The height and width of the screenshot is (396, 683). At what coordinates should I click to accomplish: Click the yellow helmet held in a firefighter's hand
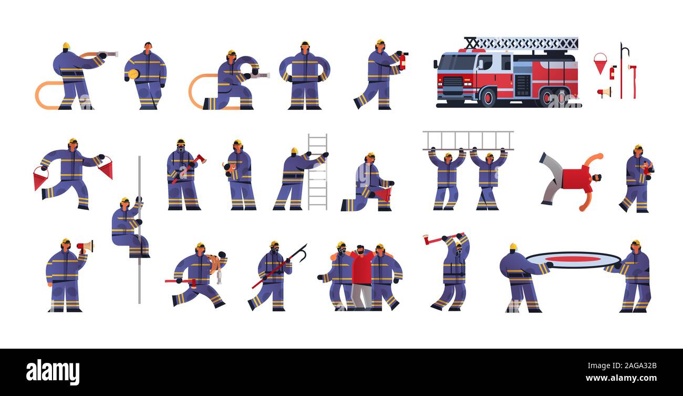(x=133, y=74)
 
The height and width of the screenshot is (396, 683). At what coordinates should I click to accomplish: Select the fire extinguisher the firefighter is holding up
(x=402, y=61)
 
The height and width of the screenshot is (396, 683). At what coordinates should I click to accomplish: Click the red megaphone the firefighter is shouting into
(x=85, y=246)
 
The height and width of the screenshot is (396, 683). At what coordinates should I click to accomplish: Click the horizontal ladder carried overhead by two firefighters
(x=468, y=140)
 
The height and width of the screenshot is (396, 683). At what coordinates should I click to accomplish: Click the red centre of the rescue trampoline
(x=573, y=259)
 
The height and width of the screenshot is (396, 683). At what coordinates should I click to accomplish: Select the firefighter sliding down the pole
(x=128, y=228)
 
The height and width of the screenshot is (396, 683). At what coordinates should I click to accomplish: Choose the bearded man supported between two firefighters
(x=361, y=277)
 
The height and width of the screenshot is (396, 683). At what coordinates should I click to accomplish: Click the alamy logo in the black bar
(x=53, y=372)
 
